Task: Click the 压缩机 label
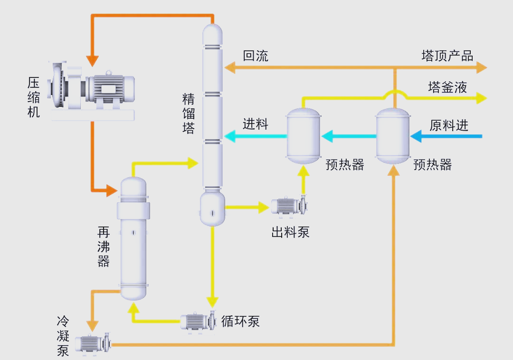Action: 33,97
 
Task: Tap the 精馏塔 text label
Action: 189,114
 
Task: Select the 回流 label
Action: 256,56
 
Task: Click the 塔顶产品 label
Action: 447,56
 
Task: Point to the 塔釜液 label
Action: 447,87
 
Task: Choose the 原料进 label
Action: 449,125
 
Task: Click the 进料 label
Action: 256,124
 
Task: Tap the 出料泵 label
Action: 290,232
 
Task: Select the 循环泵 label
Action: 240,322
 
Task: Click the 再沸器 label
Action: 104,246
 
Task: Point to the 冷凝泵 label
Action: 63,337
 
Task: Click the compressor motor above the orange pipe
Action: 109,88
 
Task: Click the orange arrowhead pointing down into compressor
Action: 92,60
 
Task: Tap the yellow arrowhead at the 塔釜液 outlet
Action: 482,98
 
